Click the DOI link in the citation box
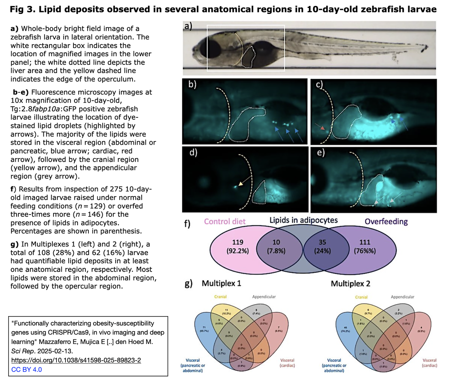[x=76, y=360]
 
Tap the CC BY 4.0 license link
[x=27, y=369]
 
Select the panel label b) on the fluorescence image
[x=192, y=84]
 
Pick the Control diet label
[x=225, y=221]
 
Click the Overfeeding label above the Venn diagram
[x=386, y=221]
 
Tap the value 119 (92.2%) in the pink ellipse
[x=237, y=247]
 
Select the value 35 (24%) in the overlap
[x=322, y=247]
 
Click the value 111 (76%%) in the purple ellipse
[x=365, y=247]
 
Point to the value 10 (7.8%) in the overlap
[x=276, y=247]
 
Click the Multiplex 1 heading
[x=221, y=283]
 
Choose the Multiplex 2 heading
[x=351, y=283]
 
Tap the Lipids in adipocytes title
[x=303, y=220]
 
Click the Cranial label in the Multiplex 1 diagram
[x=220, y=297]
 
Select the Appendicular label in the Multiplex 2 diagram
[x=403, y=297]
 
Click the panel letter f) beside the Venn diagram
[x=188, y=224]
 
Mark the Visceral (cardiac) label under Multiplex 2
[x=429, y=363]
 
